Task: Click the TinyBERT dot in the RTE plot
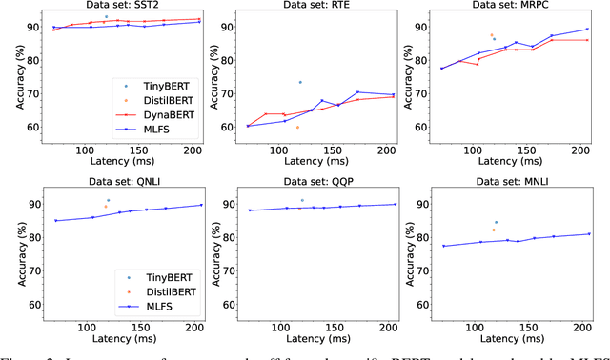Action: point(299,82)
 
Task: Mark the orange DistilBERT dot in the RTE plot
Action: point(297,127)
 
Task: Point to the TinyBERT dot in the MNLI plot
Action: point(495,222)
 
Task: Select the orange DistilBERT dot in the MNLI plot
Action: point(493,230)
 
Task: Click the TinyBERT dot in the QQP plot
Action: point(302,200)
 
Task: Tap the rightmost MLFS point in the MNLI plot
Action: point(589,234)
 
